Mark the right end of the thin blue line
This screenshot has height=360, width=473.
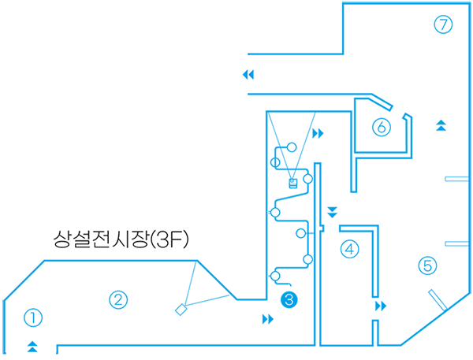(246, 74)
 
